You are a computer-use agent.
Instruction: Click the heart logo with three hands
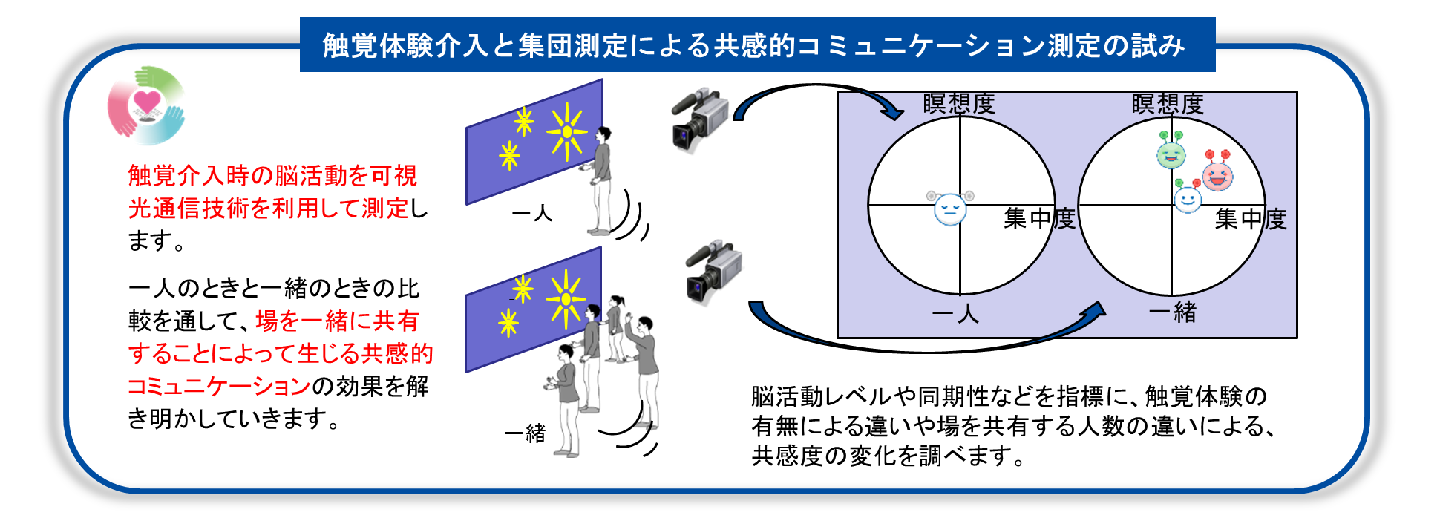point(147,105)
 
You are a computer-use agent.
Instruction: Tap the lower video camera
point(713,271)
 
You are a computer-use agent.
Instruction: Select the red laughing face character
point(1217,174)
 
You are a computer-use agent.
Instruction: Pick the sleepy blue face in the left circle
point(950,208)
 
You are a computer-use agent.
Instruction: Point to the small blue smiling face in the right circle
point(1187,198)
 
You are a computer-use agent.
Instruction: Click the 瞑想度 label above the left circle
point(958,104)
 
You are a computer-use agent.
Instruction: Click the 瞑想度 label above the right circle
point(1167,104)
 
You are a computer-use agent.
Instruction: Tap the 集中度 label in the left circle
point(1038,218)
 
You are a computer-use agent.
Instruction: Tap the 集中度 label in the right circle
point(1250,219)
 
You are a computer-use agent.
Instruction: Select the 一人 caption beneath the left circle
point(955,314)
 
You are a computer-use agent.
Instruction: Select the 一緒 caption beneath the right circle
point(1173,312)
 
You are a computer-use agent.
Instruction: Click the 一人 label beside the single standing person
point(531,214)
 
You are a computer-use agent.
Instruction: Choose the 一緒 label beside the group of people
point(525,433)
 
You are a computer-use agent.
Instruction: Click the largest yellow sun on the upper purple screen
point(567,131)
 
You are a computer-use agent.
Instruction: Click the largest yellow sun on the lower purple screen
point(566,298)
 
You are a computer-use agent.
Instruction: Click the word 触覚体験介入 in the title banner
point(405,46)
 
